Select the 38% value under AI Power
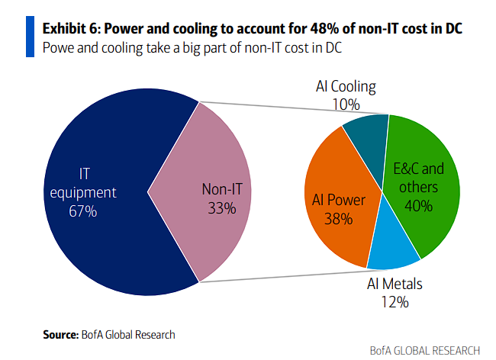[337, 219]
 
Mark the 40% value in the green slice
[419, 206]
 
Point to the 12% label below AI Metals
[395, 303]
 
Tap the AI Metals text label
[395, 285]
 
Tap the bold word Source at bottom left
[60, 334]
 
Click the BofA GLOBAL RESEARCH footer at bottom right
[424, 350]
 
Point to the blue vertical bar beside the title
[31, 37]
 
